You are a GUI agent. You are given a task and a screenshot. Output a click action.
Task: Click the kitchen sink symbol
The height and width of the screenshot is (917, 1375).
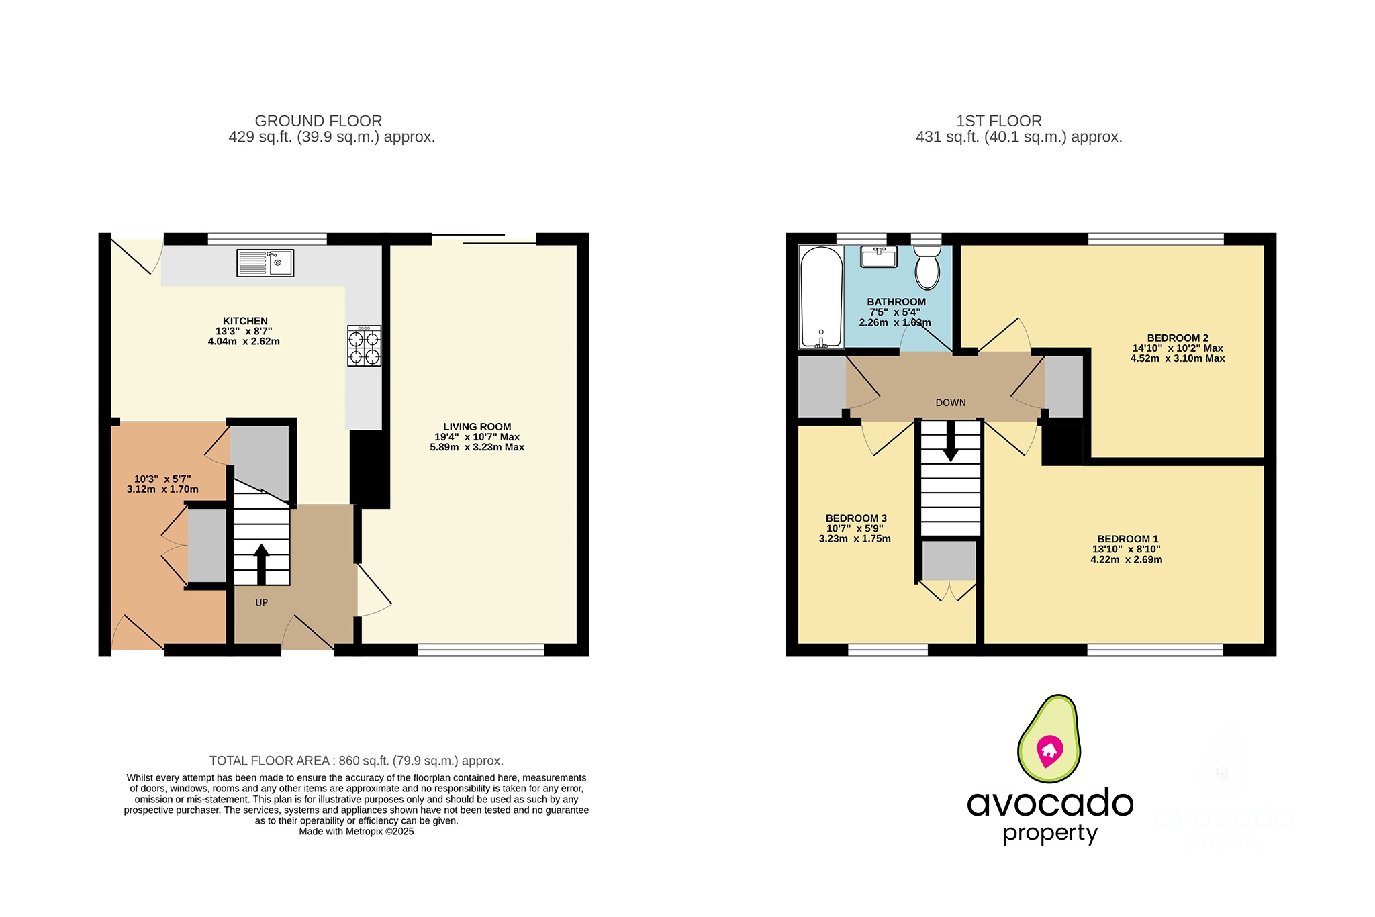(265, 263)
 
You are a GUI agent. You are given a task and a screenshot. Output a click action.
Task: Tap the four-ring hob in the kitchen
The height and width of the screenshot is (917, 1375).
(364, 346)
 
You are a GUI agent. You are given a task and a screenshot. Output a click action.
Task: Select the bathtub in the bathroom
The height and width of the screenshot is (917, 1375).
(820, 297)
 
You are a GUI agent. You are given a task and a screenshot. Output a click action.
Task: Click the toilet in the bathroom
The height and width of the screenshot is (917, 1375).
(927, 267)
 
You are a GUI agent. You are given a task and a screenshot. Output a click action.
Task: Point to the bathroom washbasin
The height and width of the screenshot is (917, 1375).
(879, 256)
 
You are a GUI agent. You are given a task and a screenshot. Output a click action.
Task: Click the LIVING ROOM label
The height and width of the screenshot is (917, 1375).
(477, 426)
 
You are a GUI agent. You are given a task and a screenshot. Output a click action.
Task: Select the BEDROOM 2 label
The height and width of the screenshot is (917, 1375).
(1177, 338)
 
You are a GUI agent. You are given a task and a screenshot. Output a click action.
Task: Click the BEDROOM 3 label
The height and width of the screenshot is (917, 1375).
(855, 518)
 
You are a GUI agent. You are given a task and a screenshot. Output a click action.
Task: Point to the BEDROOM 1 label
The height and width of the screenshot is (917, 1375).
(1127, 538)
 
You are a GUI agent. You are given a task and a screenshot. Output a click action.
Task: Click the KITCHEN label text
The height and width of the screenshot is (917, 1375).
(245, 321)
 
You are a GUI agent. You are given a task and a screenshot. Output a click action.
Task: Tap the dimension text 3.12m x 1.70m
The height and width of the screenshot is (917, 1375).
(162, 489)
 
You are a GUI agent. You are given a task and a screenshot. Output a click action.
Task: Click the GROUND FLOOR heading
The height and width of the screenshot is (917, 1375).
(318, 121)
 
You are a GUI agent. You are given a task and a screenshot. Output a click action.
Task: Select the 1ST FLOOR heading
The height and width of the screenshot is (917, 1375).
(998, 121)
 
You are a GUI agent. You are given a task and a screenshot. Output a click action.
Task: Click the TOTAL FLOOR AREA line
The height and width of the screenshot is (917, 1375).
(356, 761)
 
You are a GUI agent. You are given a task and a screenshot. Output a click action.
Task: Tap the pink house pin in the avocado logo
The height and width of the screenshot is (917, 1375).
(1049, 751)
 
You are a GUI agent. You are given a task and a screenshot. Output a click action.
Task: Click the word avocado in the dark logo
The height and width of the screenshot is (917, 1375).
(1049, 803)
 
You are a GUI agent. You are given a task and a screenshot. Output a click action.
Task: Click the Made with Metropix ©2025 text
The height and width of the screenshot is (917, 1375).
(356, 831)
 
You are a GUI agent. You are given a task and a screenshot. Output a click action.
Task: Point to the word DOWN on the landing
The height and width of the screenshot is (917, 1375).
(950, 403)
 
